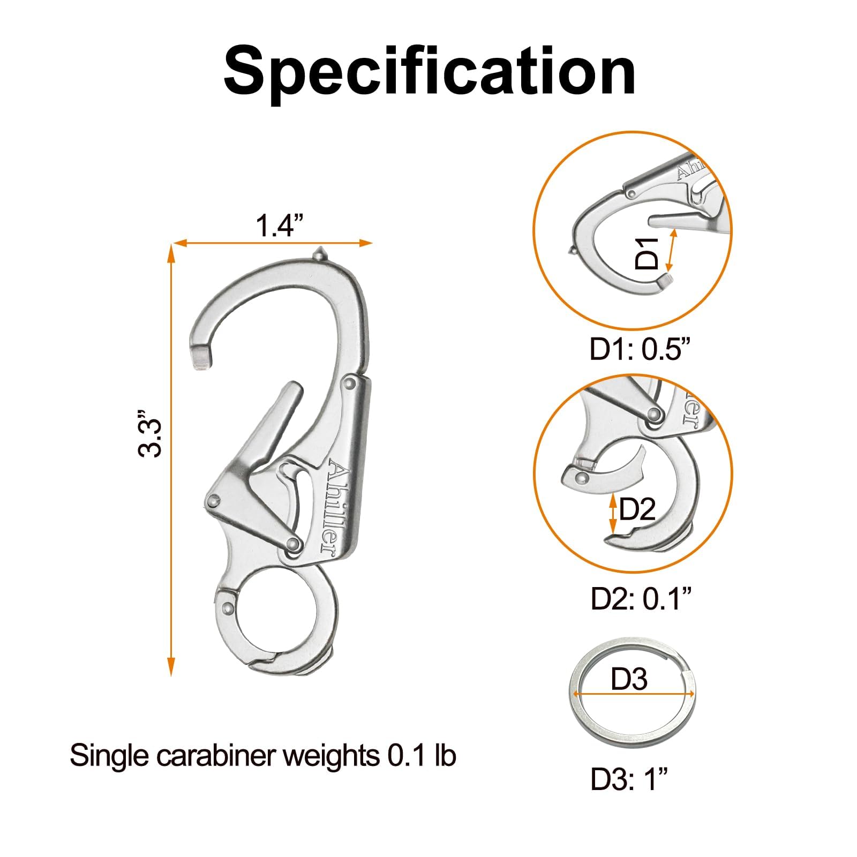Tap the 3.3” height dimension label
click(150, 433)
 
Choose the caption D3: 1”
click(629, 779)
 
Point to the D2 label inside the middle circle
click(637, 509)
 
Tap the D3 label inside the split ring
click(629, 679)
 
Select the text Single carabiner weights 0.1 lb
click(262, 756)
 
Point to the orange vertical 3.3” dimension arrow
click(171, 460)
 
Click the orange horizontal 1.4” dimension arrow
click(272, 243)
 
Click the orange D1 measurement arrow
click(671, 250)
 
